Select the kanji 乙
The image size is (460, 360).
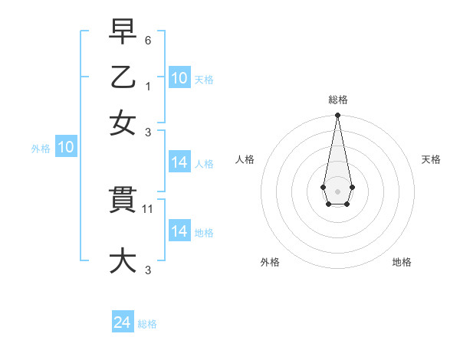coord(123,78)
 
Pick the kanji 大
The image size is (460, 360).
coord(123,260)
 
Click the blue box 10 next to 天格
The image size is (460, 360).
coord(179,77)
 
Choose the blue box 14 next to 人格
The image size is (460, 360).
coord(179,162)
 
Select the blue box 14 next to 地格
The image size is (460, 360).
coord(179,231)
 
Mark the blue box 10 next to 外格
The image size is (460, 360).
coord(66,148)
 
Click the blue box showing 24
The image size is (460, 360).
coord(123,322)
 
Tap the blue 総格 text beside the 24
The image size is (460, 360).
coord(148,324)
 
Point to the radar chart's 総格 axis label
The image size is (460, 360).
coord(337,100)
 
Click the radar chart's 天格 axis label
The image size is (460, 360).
coord(432,159)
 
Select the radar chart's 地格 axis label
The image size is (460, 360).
coord(402,262)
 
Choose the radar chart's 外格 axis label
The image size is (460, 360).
coord(270,262)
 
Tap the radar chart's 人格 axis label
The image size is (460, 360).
coord(245,159)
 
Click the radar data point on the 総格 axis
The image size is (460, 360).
coord(337,116)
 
